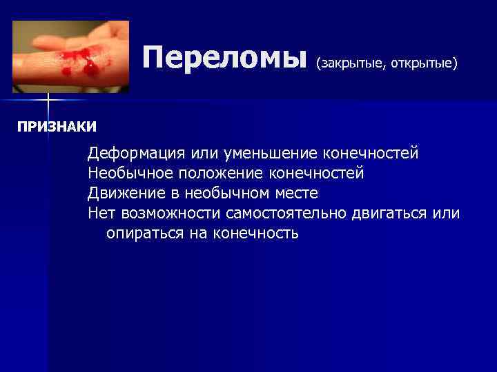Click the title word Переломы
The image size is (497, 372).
point(224,58)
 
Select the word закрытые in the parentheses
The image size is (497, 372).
point(352,64)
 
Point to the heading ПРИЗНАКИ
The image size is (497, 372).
point(57,127)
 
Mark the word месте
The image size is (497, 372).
point(293,193)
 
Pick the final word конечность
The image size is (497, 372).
point(256,233)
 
